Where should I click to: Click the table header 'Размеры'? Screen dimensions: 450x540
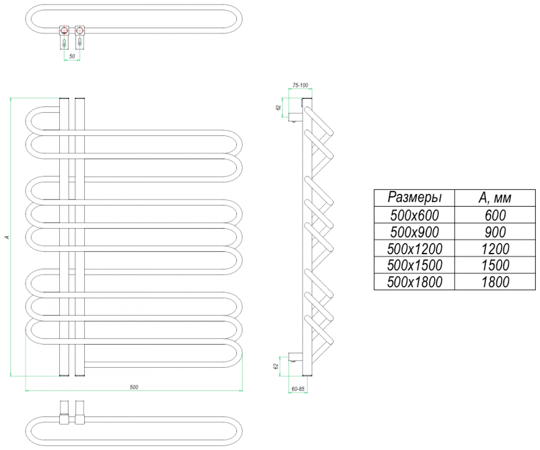pyautogui.click(x=414, y=198)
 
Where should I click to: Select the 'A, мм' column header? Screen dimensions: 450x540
pyautogui.click(x=495, y=198)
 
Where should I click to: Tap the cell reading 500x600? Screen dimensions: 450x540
pyautogui.click(x=414, y=215)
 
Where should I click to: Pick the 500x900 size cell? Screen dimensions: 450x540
pyautogui.click(x=414, y=232)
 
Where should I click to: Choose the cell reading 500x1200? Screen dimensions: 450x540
pyautogui.click(x=414, y=248)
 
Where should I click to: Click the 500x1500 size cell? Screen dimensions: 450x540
pyautogui.click(x=414, y=265)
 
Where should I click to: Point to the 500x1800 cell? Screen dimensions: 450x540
pyautogui.click(x=414, y=282)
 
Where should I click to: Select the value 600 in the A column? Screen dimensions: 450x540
pyautogui.click(x=495, y=215)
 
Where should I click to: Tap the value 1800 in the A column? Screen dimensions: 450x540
pyautogui.click(x=495, y=282)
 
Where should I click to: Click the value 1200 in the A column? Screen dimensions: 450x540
pyautogui.click(x=495, y=248)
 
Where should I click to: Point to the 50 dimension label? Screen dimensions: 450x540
pyautogui.click(x=72, y=56)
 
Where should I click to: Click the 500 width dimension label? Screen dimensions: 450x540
pyautogui.click(x=134, y=387)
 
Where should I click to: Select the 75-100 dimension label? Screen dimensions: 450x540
pyautogui.click(x=300, y=85)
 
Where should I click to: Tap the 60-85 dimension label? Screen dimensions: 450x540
pyautogui.click(x=298, y=389)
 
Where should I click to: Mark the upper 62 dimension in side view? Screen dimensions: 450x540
pyautogui.click(x=278, y=108)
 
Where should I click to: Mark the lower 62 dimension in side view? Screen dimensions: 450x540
pyautogui.click(x=276, y=366)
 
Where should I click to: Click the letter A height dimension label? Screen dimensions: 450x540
pyautogui.click(x=6, y=237)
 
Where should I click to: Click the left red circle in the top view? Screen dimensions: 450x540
pyautogui.click(x=64, y=30)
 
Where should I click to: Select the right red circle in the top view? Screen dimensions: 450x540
pyautogui.click(x=80, y=30)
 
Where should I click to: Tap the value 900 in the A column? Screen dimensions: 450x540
pyautogui.click(x=495, y=232)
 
